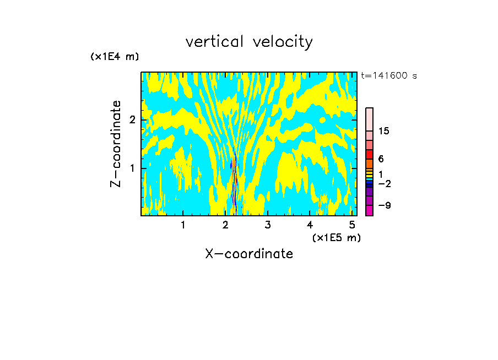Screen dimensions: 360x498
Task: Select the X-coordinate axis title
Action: pyautogui.click(x=249, y=254)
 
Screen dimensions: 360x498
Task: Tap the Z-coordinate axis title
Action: pyautogui.click(x=116, y=144)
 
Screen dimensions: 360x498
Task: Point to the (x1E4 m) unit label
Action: pyautogui.click(x=115, y=57)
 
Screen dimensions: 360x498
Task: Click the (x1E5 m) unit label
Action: pyautogui.click(x=336, y=237)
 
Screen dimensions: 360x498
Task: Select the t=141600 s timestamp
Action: pyautogui.click(x=388, y=76)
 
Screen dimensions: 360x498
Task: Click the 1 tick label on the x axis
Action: pyautogui.click(x=183, y=225)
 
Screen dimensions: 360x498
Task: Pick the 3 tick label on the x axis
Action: pyautogui.click(x=267, y=225)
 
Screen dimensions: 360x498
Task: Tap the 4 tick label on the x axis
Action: pyautogui.click(x=310, y=225)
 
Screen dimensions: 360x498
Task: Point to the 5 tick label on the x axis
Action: pyautogui.click(x=352, y=225)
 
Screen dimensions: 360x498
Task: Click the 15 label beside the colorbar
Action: pyautogui.click(x=384, y=131)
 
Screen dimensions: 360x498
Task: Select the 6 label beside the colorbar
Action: pyautogui.click(x=381, y=159)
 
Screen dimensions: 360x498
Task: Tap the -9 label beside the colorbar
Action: pyautogui.click(x=385, y=205)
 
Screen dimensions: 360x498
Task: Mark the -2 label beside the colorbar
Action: pyautogui.click(x=384, y=183)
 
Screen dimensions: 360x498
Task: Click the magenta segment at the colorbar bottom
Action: pyautogui.click(x=369, y=211)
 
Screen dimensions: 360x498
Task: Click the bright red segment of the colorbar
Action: pyautogui.click(x=369, y=154)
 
